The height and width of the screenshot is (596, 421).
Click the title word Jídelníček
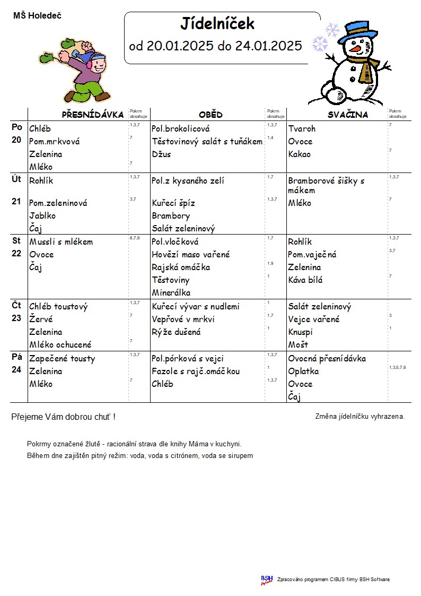click(217, 24)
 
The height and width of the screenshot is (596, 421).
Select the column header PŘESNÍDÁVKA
click(93, 115)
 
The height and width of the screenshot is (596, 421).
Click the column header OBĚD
click(210, 115)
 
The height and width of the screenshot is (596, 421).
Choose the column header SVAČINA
click(347, 115)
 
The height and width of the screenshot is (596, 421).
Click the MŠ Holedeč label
click(37, 16)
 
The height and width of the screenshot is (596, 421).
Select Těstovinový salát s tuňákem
click(207, 142)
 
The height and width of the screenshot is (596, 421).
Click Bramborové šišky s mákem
click(326, 185)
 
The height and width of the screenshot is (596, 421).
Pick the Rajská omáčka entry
click(181, 267)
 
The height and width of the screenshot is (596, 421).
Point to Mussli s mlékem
click(61, 242)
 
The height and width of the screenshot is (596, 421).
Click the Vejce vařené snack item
click(314, 319)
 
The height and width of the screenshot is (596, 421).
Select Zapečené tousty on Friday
click(62, 359)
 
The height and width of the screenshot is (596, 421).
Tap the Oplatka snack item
click(303, 372)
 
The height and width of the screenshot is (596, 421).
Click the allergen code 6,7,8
click(135, 238)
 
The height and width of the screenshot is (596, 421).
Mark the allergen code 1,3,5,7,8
click(397, 367)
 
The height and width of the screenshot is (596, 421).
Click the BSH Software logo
click(266, 580)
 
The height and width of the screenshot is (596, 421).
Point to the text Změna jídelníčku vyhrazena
click(359, 417)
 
